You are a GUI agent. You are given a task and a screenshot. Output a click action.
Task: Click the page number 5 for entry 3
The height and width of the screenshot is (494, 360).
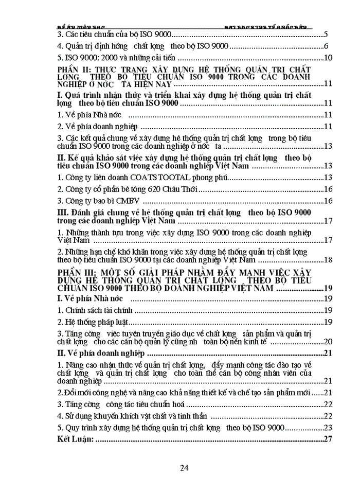(x=326, y=35)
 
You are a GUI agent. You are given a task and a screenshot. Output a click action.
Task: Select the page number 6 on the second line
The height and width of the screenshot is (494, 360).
(x=326, y=46)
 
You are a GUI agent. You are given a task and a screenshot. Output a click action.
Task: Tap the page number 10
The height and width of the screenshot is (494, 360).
(x=324, y=57)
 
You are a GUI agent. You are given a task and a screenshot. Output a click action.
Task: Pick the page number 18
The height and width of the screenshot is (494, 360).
(x=324, y=259)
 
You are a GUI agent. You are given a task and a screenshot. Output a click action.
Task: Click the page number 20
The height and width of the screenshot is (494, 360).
(x=324, y=341)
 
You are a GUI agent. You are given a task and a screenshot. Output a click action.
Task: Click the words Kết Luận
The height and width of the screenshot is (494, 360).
(x=75, y=439)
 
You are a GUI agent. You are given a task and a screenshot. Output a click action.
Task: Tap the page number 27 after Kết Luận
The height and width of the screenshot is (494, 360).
(x=324, y=439)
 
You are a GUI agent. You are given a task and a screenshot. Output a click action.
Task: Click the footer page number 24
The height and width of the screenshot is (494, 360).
(x=185, y=468)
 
